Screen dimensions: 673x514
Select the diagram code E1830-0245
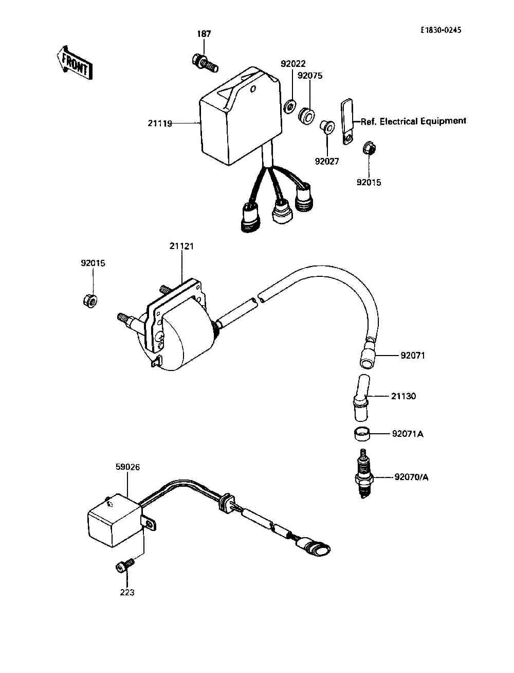click(x=440, y=30)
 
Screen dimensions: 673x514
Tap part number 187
click(x=204, y=34)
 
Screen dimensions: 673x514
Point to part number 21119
click(x=160, y=123)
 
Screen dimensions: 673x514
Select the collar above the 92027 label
click(x=326, y=126)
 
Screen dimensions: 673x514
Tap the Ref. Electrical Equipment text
click(x=413, y=121)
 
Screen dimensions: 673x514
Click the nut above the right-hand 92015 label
click(x=369, y=148)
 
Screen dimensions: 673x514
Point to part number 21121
click(x=181, y=246)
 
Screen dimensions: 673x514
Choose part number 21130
click(x=403, y=396)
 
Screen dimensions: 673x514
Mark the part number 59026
click(x=127, y=467)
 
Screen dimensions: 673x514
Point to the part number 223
click(x=127, y=592)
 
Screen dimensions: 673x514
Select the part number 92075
click(x=310, y=76)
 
